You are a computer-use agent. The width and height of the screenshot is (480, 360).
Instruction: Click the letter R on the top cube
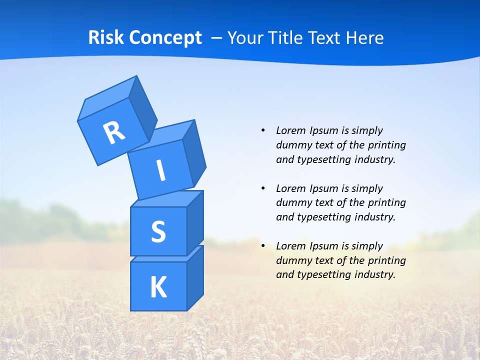pos(114,132)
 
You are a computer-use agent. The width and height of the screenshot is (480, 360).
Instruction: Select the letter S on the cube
pos(158,231)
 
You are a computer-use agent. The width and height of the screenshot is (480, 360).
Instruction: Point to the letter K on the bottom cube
pos(158,287)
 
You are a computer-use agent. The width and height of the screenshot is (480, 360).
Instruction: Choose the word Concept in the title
pos(164,38)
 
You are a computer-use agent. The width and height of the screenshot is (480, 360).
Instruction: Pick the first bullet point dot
pos(263,130)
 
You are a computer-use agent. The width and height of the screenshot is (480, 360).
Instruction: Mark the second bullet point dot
pos(263,188)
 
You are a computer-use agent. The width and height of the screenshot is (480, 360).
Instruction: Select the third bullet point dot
pos(263,246)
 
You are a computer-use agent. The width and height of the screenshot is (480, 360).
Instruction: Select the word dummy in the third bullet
pos(292,260)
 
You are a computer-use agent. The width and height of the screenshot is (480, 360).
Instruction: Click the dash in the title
pos(217,38)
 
